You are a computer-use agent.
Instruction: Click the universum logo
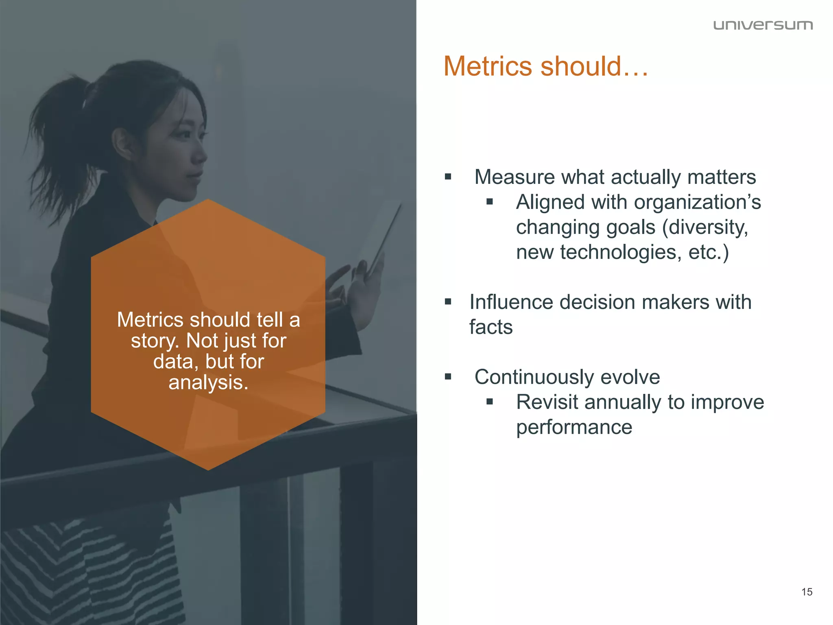[x=763, y=25]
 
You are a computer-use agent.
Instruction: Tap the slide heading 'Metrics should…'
[x=545, y=66]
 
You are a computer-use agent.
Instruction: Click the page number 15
[x=807, y=592]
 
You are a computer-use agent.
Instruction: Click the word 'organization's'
[x=697, y=202]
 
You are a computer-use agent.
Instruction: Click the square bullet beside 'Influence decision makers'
[x=448, y=302]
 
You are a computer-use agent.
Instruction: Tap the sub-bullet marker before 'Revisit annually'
[x=490, y=402]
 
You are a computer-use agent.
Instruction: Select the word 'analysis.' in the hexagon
[x=208, y=382]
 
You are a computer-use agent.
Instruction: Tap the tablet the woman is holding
[x=380, y=240]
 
